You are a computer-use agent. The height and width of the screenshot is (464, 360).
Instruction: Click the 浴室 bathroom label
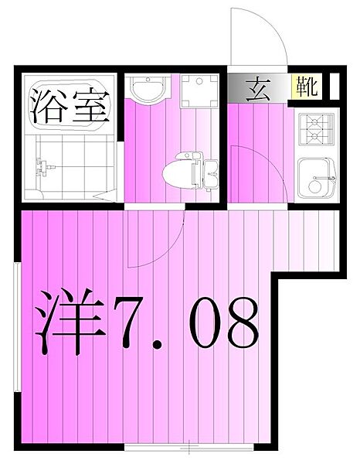point(68,107)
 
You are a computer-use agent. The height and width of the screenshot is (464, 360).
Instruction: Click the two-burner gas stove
point(318,129)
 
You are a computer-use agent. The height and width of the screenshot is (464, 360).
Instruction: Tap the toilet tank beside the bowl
point(211,171)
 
